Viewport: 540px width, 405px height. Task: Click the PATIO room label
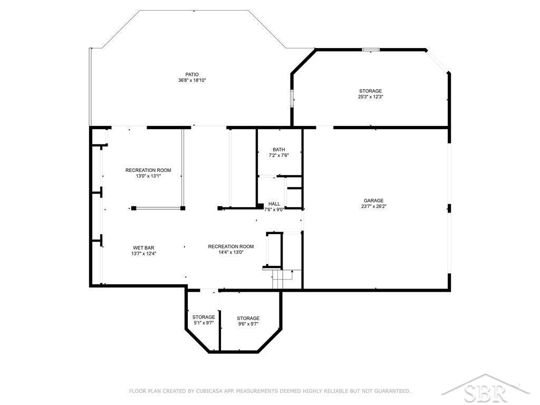click(192, 74)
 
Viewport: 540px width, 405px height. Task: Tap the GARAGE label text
click(374, 200)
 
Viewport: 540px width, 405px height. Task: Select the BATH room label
click(278, 149)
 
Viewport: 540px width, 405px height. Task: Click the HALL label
click(274, 204)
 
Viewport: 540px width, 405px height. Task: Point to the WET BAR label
click(143, 248)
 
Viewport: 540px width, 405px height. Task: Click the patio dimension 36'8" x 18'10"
click(192, 80)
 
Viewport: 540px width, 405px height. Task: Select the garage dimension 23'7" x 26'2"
click(374, 206)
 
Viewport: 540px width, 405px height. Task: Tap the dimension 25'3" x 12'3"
click(371, 97)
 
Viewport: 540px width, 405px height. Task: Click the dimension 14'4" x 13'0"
click(231, 252)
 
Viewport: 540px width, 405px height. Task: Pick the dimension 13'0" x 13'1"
click(148, 176)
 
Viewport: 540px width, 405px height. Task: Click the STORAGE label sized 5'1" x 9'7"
click(204, 317)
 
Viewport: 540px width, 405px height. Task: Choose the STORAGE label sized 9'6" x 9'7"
click(248, 318)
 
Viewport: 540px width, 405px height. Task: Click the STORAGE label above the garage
click(371, 91)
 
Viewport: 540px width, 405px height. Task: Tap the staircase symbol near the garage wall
click(282, 279)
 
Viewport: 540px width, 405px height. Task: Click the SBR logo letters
click(486, 392)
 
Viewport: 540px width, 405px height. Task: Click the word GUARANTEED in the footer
click(392, 391)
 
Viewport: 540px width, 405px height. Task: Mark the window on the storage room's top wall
click(371, 50)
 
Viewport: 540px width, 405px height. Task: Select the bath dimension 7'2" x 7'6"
click(278, 156)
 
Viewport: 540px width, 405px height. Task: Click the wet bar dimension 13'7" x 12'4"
click(143, 254)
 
